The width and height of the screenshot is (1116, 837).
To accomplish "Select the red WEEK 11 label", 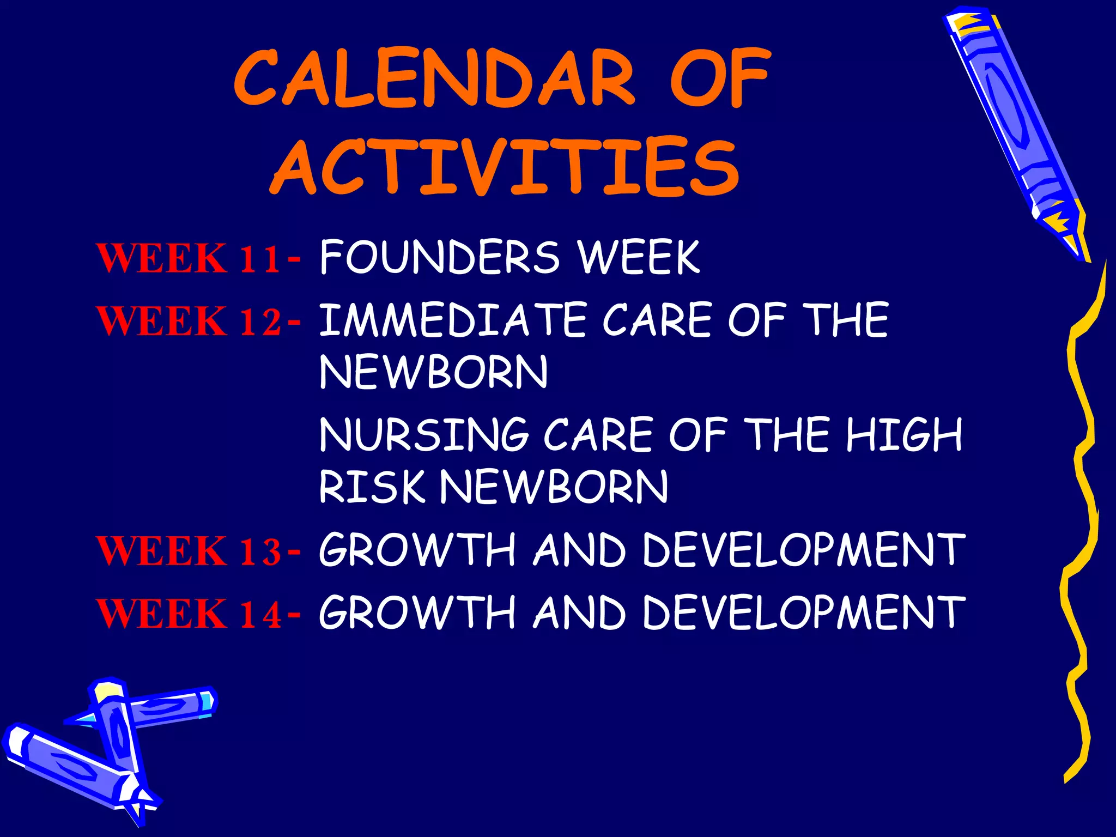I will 189,258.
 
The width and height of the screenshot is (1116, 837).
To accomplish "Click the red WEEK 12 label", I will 189,320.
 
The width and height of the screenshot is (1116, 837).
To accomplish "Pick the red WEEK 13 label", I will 189,550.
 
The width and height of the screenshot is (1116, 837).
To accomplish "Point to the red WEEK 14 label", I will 189,614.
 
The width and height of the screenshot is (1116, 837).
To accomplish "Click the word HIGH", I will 905,434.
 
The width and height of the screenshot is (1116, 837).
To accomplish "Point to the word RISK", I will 371,487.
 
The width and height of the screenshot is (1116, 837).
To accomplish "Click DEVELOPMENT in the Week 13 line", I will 803,550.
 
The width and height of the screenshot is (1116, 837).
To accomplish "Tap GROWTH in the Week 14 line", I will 417,612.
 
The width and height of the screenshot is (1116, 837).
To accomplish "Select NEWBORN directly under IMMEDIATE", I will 433,372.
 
